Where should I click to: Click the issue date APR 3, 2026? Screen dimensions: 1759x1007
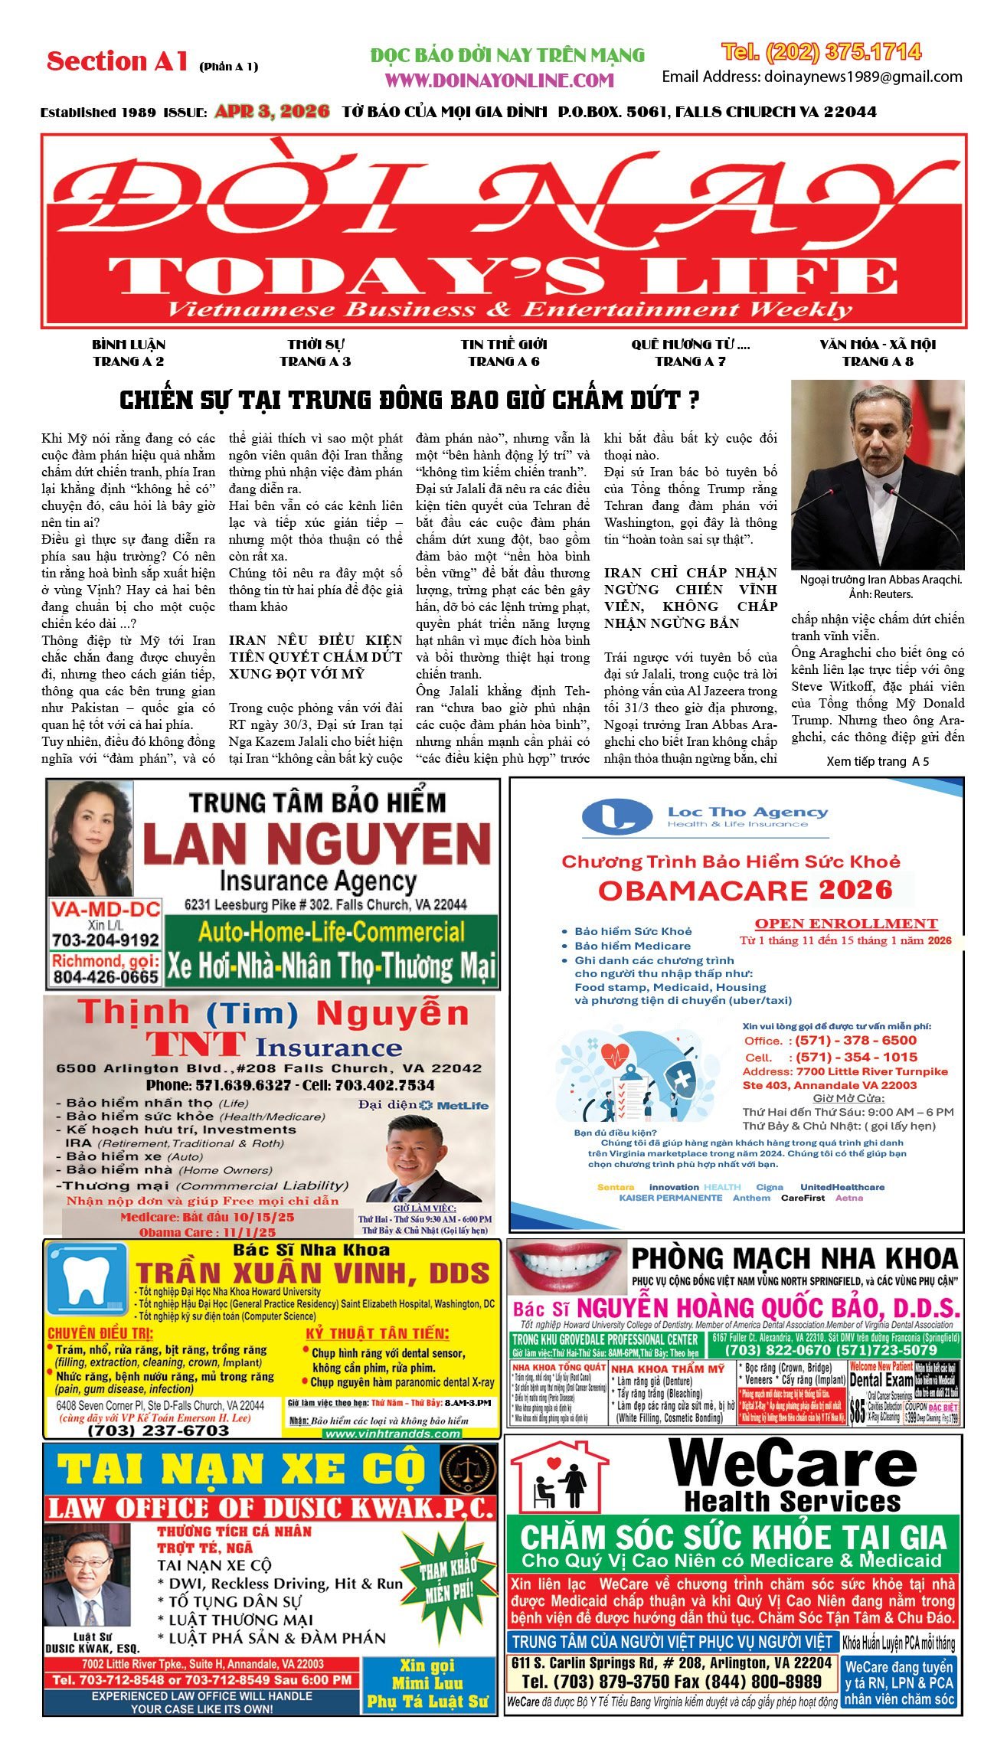point(272,111)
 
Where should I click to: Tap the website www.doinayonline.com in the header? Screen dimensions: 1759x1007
point(499,80)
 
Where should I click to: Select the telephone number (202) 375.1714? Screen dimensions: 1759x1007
point(821,52)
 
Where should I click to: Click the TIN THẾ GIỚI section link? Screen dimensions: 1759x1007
point(504,352)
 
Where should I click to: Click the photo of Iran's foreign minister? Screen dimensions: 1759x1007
point(878,474)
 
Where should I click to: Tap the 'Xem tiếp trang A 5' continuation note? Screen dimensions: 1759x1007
point(878,761)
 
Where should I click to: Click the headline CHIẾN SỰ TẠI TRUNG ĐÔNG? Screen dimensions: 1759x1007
point(410,400)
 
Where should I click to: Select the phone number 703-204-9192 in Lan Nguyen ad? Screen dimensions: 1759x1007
point(106,940)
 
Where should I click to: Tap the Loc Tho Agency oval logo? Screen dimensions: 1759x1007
point(617,816)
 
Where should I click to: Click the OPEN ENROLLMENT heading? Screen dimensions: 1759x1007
point(846,923)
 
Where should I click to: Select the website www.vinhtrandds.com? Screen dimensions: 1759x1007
point(393,1434)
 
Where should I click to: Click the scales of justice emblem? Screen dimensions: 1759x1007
point(468,1468)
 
